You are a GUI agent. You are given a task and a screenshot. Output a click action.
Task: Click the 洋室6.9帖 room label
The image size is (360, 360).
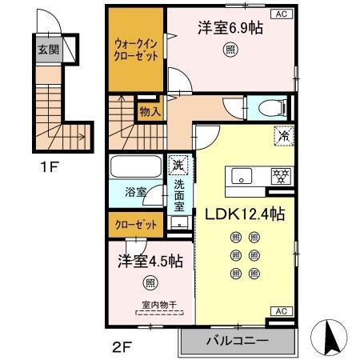[230, 26]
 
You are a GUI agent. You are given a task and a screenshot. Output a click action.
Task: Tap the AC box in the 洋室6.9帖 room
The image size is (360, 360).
[282, 14]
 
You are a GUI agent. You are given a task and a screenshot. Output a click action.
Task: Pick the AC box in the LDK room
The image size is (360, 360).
[282, 311]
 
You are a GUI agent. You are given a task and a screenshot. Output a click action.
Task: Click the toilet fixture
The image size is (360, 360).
[265, 109]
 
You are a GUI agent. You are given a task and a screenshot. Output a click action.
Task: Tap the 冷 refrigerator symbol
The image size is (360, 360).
[282, 136]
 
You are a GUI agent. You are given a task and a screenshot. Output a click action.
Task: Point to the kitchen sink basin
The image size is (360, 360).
[240, 176]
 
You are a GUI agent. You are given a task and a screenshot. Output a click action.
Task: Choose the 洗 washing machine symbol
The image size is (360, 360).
[177, 166]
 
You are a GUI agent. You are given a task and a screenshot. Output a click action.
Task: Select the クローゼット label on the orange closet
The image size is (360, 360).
[134, 225]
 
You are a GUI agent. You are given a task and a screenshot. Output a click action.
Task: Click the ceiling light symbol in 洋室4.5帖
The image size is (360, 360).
[150, 282]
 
